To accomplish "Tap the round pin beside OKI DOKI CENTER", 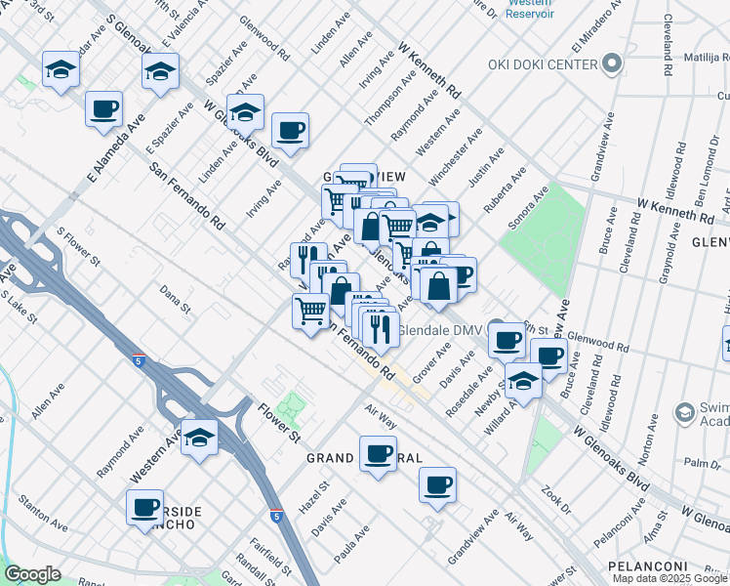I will click(x=612, y=64).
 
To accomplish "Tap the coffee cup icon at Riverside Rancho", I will click(x=145, y=506).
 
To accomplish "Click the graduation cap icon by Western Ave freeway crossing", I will click(x=200, y=438).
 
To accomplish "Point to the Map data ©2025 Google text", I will click(x=669, y=578).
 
